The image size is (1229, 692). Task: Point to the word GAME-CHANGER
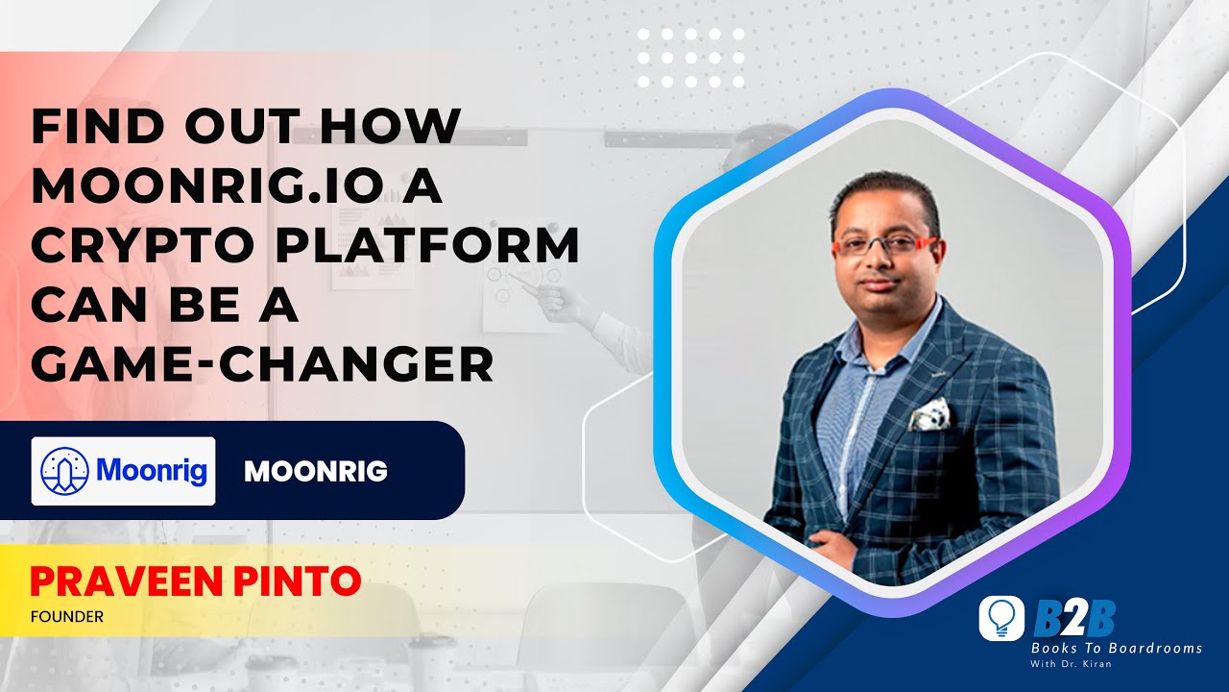tap(262, 366)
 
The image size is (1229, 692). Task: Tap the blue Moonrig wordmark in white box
tap(152, 471)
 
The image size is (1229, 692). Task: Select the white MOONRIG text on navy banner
tap(316, 472)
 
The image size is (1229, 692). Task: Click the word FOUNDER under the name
tap(66, 617)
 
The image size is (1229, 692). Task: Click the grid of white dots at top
tap(688, 58)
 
